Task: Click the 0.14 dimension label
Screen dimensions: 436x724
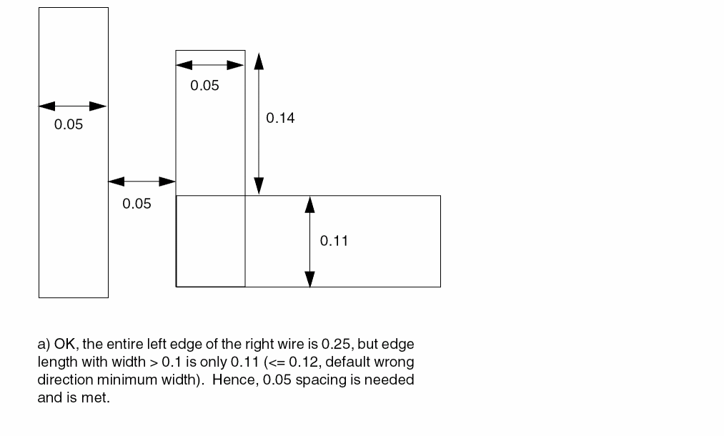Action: (280, 118)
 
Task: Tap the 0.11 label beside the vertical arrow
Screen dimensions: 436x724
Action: (334, 241)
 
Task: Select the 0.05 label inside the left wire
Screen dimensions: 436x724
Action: (69, 124)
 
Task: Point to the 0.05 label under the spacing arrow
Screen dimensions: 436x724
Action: (137, 204)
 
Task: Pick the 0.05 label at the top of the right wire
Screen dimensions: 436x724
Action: (204, 86)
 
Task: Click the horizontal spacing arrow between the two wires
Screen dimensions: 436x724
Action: (142, 182)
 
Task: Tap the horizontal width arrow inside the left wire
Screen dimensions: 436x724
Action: (73, 106)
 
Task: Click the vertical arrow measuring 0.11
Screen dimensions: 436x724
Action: (309, 242)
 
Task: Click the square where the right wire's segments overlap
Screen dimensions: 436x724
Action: (210, 241)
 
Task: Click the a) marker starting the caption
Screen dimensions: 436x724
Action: (43, 345)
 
